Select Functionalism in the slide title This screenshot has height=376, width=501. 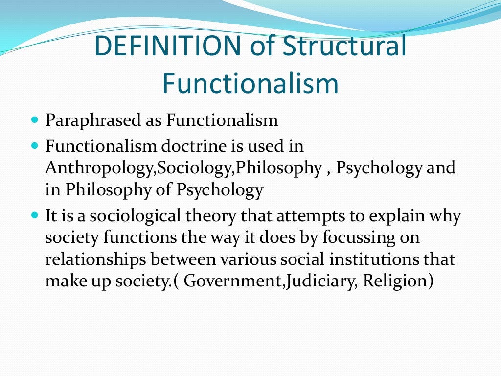(250, 83)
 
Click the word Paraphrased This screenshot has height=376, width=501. (94, 120)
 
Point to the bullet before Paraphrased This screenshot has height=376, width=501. (34, 119)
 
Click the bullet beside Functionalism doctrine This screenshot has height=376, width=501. (34, 145)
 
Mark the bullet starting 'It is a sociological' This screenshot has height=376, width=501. (34, 215)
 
